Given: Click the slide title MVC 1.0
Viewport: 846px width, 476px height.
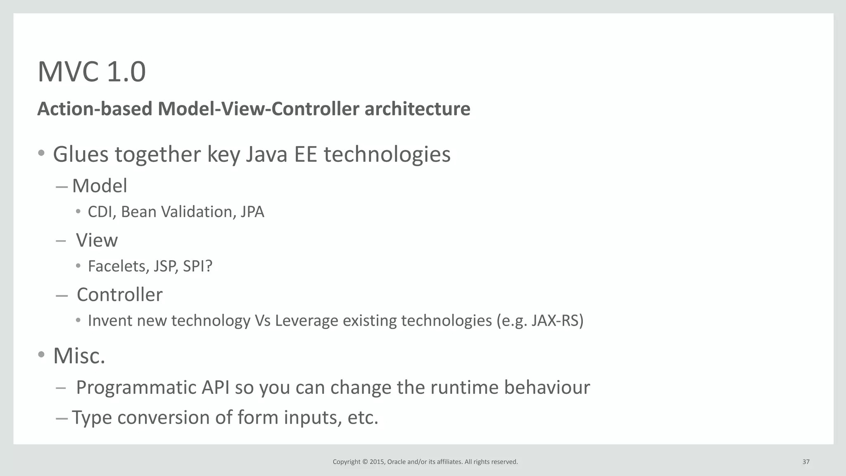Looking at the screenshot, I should [91, 72].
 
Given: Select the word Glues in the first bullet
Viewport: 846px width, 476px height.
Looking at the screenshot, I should [81, 154].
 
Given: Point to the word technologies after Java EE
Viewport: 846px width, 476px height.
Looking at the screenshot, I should [387, 154].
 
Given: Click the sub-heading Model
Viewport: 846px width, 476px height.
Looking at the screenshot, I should [100, 186].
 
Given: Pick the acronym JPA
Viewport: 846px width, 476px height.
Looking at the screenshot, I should [252, 212].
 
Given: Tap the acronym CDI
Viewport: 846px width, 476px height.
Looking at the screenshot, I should [98, 212].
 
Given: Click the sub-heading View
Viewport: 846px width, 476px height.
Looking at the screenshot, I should [97, 240].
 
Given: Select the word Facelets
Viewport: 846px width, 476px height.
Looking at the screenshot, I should [117, 266].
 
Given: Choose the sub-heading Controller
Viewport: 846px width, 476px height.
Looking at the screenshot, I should [119, 295].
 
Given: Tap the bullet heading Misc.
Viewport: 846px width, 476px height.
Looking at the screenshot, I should [79, 355].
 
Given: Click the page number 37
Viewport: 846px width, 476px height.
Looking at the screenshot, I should [806, 462].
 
